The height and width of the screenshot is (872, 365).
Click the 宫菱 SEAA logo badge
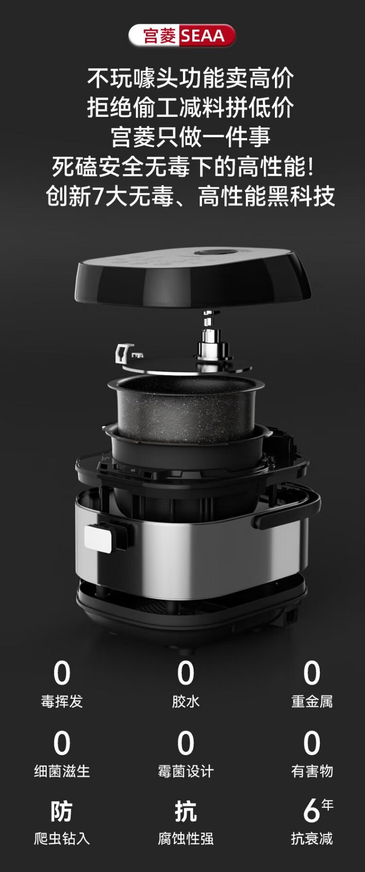pyautogui.click(x=182, y=36)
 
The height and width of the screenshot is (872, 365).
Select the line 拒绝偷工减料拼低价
pyautogui.click(x=190, y=108)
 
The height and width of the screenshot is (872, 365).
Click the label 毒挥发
pyautogui.click(x=62, y=701)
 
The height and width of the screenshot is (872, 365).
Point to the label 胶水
pyautogui.click(x=185, y=701)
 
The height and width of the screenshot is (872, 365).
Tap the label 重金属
pyautogui.click(x=312, y=701)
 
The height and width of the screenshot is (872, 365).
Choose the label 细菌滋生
pyautogui.click(x=62, y=771)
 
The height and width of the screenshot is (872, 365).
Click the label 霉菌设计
pyautogui.click(x=185, y=771)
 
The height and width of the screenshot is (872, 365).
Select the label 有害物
pyautogui.click(x=312, y=771)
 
